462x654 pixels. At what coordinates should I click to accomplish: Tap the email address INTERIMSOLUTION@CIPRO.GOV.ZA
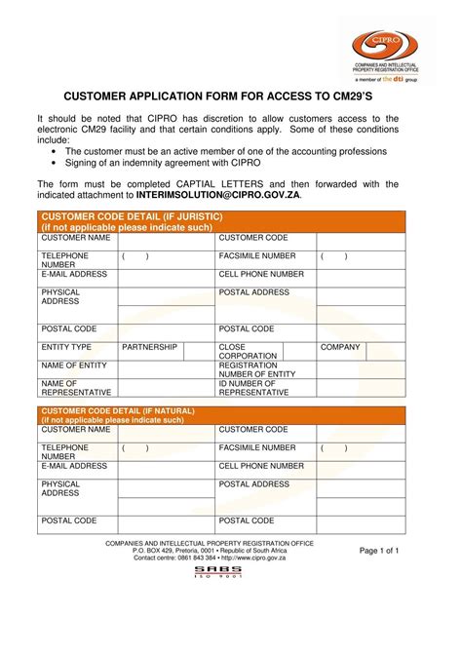pyautogui.click(x=218, y=195)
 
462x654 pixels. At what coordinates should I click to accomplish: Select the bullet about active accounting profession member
pyautogui.click(x=225, y=152)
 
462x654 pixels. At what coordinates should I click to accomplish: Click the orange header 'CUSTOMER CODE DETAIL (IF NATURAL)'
pyautogui.click(x=118, y=411)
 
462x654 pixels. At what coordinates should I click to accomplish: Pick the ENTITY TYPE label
pyautogui.click(x=66, y=347)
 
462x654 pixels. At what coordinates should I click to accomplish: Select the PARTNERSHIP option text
pyautogui.click(x=149, y=347)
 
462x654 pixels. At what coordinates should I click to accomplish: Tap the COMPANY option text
pyautogui.click(x=340, y=347)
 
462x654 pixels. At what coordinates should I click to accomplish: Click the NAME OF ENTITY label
pyautogui.click(x=73, y=365)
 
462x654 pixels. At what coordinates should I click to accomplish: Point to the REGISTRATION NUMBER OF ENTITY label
pyautogui.click(x=256, y=369)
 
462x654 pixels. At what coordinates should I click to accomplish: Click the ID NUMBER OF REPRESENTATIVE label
pyautogui.click(x=253, y=388)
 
